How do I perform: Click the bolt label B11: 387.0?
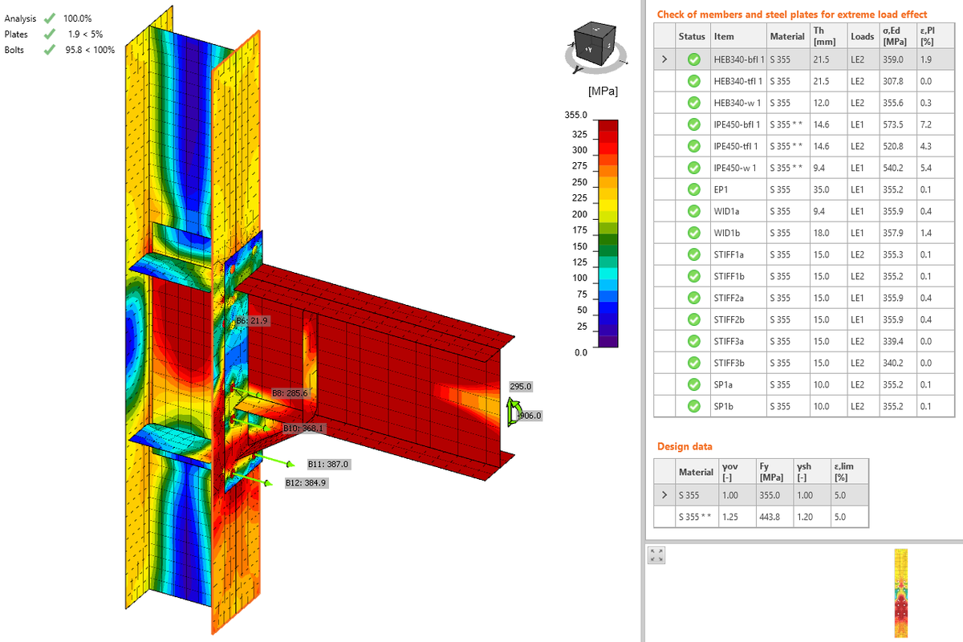coord(328,465)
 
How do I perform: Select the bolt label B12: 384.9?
coord(307,483)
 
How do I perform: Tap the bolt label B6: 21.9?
coord(251,321)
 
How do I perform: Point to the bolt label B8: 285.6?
coord(290,393)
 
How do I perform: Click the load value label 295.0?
coord(521,387)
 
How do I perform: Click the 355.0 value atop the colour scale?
coord(577,116)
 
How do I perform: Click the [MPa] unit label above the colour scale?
coord(602,91)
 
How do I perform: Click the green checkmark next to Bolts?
coord(50,50)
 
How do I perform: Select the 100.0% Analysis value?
coord(77,18)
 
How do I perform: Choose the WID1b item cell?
coord(727,233)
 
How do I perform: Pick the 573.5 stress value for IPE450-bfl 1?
coord(892,124)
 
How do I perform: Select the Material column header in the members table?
coord(786,37)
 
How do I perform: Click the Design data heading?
coord(684,446)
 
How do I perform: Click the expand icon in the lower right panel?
coord(657,555)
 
